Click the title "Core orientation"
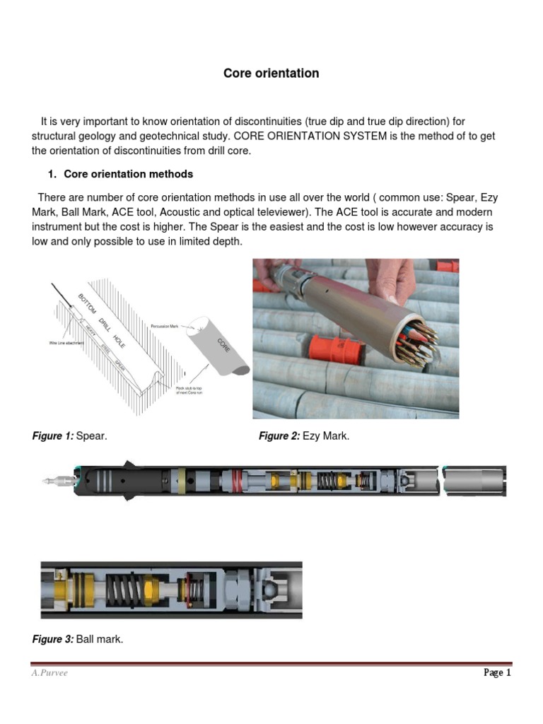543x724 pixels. pyautogui.click(x=271, y=74)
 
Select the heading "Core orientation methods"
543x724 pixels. pyautogui.click(x=128, y=174)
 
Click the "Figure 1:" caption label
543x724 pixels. pyautogui.click(x=52, y=436)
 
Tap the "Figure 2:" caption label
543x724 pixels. pyautogui.click(x=279, y=436)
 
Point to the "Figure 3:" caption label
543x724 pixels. pyautogui.click(x=52, y=639)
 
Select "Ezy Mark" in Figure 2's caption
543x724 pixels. pyautogui.click(x=326, y=436)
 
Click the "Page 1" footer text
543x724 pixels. pyautogui.click(x=497, y=673)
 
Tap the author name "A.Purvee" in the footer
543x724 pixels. pyautogui.click(x=49, y=673)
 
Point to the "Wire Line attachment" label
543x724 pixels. pyautogui.click(x=66, y=343)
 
